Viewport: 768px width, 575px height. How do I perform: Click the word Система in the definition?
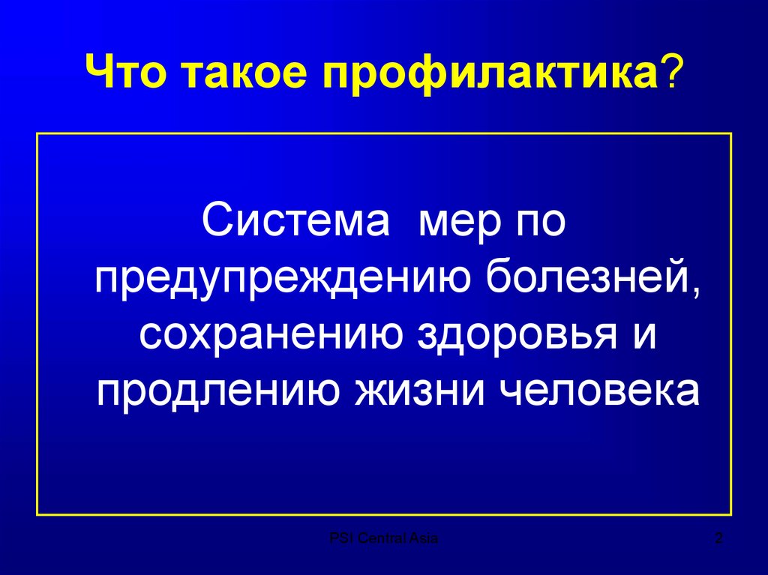tap(295, 224)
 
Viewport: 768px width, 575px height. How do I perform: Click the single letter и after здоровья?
tap(642, 335)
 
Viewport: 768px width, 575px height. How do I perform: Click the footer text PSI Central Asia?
tap(384, 538)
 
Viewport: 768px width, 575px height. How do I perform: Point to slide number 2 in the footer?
tap(718, 538)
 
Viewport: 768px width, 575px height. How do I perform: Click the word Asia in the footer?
tap(424, 538)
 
